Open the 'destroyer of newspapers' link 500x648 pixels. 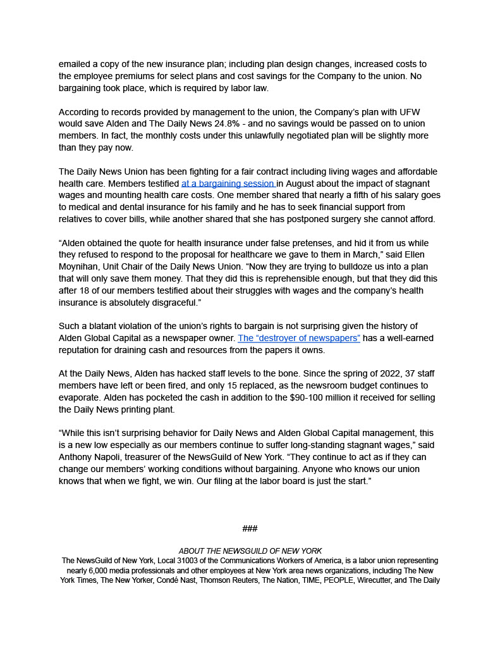coord(298,338)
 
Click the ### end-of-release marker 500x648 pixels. coord(250,528)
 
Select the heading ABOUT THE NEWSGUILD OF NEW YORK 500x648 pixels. coord(250,551)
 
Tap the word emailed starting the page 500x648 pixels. coord(76,65)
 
